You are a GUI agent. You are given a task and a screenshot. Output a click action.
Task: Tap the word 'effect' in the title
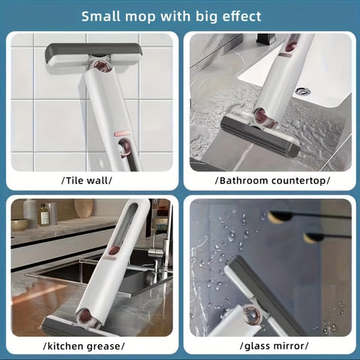(238, 16)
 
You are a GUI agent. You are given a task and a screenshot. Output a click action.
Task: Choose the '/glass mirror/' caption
(272, 345)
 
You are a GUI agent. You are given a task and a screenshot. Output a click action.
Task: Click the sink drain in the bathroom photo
(302, 91)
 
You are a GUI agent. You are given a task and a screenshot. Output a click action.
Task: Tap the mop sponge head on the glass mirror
(263, 292)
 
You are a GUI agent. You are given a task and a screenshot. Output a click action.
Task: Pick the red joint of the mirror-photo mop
(252, 315)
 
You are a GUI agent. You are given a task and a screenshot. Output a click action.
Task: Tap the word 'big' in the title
(197, 16)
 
